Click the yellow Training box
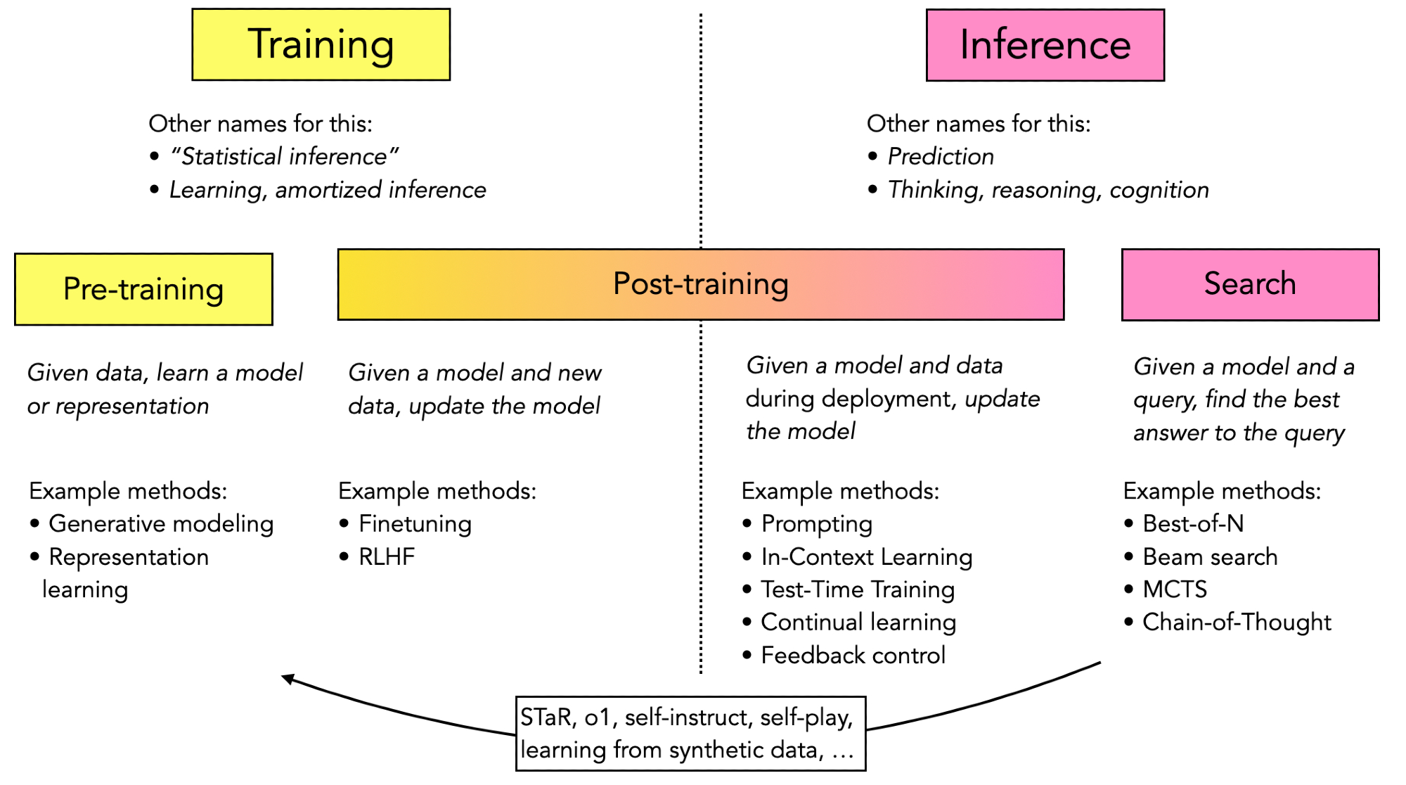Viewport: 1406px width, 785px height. pos(321,44)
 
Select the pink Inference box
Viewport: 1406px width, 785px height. pos(1045,45)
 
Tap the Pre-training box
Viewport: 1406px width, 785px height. pos(143,289)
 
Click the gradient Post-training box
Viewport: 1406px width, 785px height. pos(700,284)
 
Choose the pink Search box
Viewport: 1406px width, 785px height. pos(1250,284)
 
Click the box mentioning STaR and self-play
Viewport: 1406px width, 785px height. pos(690,734)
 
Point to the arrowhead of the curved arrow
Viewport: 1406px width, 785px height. pos(286,678)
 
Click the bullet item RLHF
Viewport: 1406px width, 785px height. pos(386,556)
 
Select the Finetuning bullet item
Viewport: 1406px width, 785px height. pos(415,523)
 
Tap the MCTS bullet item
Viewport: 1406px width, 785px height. pos(1175,589)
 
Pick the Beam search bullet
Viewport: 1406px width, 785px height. pos(1210,556)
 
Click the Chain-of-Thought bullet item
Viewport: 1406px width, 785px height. pos(1237,622)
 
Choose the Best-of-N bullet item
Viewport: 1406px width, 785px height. pos(1193,523)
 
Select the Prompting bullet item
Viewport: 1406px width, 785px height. pos(816,523)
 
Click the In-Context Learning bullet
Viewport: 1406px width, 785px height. pos(866,556)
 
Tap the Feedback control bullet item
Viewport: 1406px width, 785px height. pos(853,655)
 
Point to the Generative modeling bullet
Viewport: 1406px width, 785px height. pos(161,523)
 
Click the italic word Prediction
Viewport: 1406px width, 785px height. pos(941,156)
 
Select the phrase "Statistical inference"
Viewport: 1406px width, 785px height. pos(285,156)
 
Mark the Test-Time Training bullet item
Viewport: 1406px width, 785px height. pos(858,589)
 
